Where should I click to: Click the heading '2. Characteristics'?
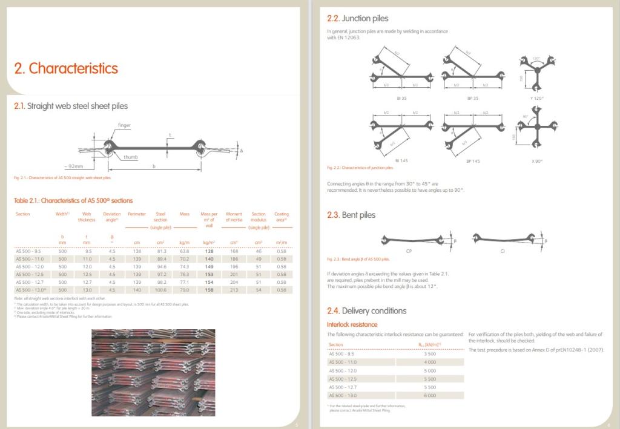click(66, 68)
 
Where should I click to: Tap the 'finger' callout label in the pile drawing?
click(125, 125)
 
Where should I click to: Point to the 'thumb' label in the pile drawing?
click(130, 157)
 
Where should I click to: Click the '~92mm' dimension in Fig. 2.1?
click(75, 165)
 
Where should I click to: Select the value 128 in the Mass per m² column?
click(209, 251)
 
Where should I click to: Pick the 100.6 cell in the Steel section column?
click(161, 290)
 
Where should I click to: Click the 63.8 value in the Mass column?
click(185, 251)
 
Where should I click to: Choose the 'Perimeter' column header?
click(137, 214)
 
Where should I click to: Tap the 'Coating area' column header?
click(282, 217)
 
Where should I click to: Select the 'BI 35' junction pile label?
click(400, 97)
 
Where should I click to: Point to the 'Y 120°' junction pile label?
click(536, 97)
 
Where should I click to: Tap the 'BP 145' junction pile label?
click(473, 161)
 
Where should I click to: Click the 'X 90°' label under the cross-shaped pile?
click(537, 161)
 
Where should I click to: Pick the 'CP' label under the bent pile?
click(409, 250)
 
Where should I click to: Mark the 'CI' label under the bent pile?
click(502, 250)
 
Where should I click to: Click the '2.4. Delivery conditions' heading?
click(366, 310)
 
